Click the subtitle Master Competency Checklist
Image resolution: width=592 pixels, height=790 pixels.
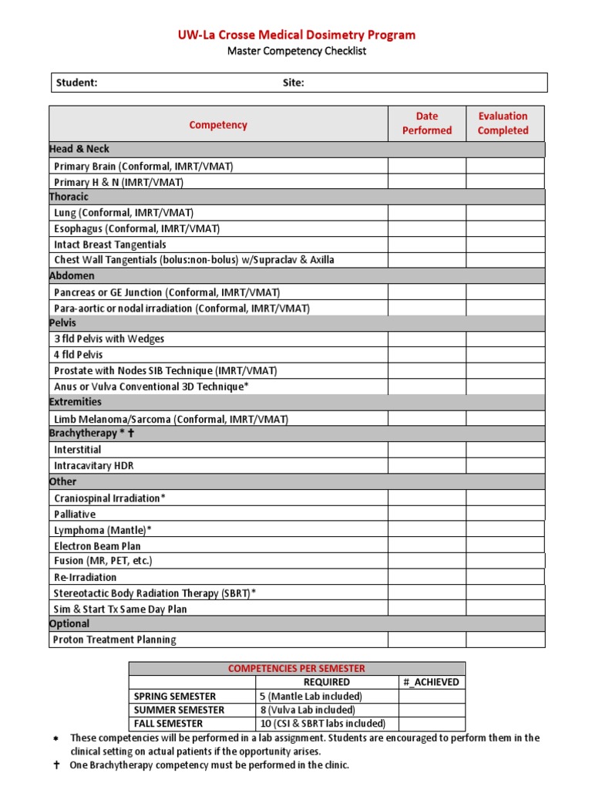pos(297,51)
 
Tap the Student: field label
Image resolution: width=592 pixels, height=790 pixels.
pos(76,83)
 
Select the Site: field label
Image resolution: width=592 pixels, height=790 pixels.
pos(293,83)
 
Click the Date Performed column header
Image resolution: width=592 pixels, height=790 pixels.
pos(426,123)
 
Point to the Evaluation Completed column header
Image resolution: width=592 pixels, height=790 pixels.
pos(503,123)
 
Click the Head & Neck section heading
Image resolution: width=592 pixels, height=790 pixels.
pos(79,149)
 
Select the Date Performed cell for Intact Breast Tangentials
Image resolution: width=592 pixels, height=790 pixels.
pos(426,245)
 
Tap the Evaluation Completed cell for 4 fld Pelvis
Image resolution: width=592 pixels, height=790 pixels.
pos(505,355)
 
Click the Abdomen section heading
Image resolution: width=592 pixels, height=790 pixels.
pos(72,275)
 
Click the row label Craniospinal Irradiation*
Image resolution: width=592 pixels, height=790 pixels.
pos(109,498)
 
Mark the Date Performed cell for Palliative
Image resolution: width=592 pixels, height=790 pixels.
pos(426,514)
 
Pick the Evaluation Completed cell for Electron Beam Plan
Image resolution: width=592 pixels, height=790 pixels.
pos(505,545)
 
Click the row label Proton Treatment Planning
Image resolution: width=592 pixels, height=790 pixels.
pos(115,640)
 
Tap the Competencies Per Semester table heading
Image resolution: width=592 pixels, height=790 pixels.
pos(297,668)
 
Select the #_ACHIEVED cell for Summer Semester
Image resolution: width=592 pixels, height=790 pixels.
pos(431,710)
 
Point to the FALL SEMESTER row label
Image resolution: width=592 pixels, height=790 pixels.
pos(168,724)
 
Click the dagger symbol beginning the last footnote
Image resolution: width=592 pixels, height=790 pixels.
pos(55,765)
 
